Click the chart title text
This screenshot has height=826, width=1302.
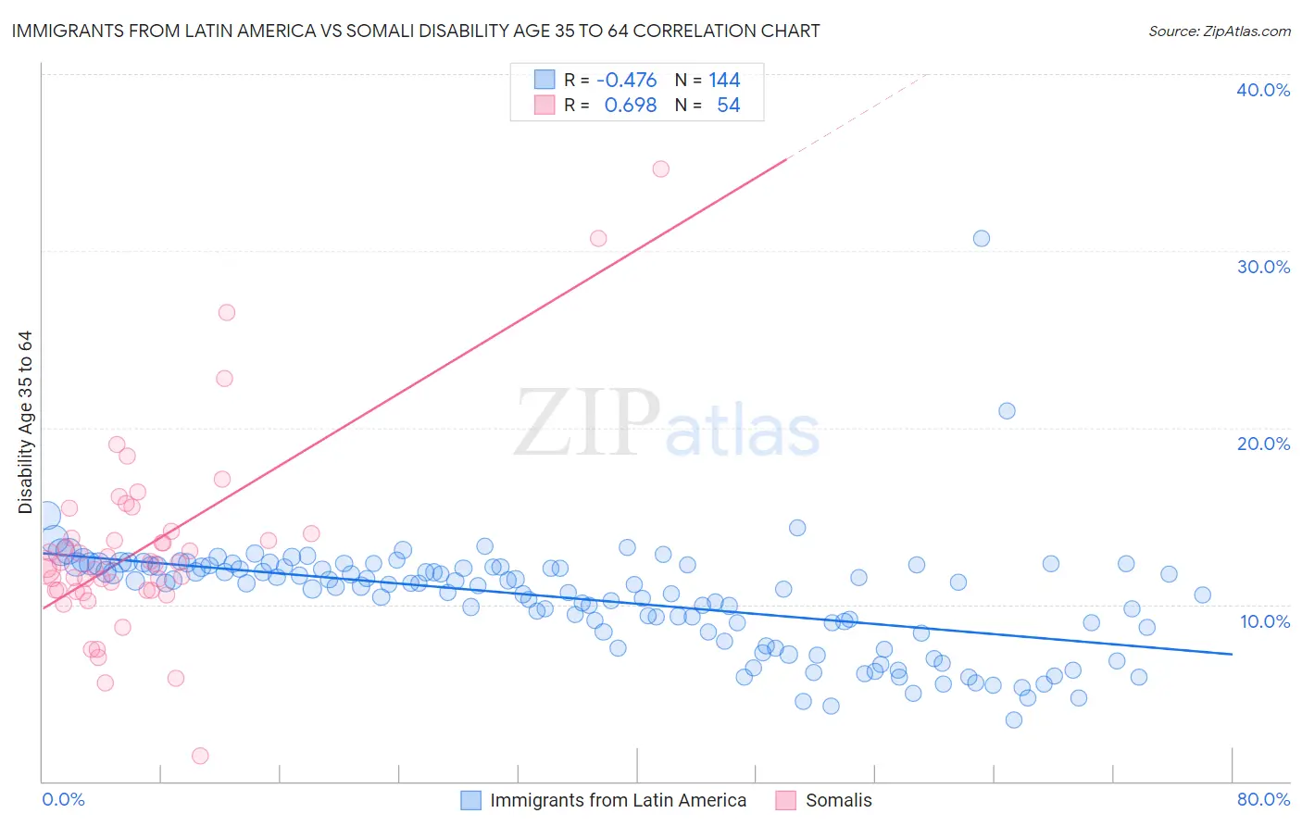coord(416,31)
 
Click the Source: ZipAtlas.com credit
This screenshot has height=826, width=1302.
coord(1219,31)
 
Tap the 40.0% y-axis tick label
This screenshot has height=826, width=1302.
coord(1263,90)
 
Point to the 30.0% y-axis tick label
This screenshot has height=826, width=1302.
coord(1263,267)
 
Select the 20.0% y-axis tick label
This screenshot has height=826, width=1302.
coord(1263,444)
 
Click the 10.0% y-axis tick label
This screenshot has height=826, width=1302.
coord(1263,621)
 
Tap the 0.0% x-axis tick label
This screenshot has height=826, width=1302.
coord(63,799)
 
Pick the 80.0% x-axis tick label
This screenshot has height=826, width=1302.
coord(1263,799)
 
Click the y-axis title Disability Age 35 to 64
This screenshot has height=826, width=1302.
coord(25,422)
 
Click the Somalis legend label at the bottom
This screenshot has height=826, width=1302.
coord(838,800)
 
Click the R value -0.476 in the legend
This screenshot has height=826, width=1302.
coord(627,81)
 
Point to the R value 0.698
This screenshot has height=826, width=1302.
coord(631,106)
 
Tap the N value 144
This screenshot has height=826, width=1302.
coord(724,81)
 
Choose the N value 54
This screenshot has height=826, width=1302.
coord(728,106)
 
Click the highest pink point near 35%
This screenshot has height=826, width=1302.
coord(660,169)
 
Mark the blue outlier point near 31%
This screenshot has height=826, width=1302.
coord(982,238)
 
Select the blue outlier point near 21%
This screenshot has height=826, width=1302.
coord(1007,411)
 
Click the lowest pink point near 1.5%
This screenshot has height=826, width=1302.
coord(200,756)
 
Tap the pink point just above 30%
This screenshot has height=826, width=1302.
coord(598,238)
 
